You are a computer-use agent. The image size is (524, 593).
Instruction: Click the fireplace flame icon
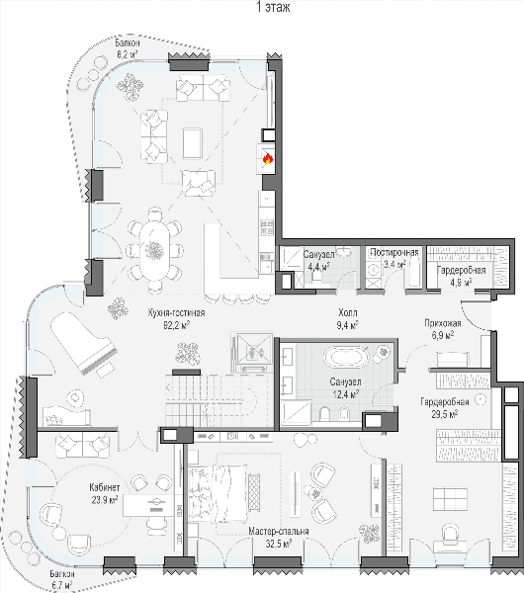[x=268, y=158]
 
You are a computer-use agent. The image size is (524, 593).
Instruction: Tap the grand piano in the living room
[x=84, y=343]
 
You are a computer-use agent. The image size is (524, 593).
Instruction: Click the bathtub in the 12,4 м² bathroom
[x=347, y=357]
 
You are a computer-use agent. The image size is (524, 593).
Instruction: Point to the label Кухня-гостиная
[x=176, y=313]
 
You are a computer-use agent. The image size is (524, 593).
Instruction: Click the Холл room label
[x=348, y=313]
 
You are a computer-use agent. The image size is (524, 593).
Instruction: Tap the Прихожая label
[x=443, y=323]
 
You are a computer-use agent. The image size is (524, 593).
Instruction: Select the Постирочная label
[x=394, y=253]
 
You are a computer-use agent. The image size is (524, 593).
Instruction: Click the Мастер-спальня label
[x=279, y=532]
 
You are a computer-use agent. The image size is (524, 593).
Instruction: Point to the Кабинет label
[x=105, y=487]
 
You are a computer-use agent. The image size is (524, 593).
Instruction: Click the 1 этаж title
[x=273, y=7]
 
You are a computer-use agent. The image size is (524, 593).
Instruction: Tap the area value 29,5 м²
[x=445, y=414]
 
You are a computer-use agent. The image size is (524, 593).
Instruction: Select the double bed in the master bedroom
[x=218, y=493]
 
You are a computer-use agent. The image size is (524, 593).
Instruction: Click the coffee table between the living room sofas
[x=192, y=143]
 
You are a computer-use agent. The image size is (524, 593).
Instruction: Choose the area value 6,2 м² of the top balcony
[x=128, y=53]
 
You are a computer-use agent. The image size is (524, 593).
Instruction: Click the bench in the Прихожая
[x=453, y=359]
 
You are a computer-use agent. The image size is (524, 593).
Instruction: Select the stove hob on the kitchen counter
[x=267, y=227]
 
